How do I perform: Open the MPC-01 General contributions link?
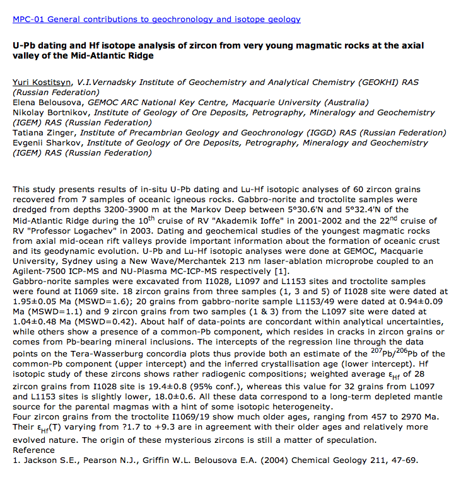point(156,20)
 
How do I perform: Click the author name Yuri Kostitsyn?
point(42,83)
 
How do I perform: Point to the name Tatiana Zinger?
point(41,133)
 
